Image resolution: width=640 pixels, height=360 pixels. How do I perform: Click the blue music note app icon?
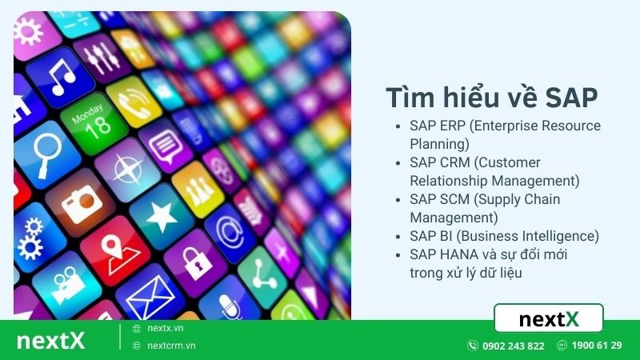[60, 76]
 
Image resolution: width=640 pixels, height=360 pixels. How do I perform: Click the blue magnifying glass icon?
[38, 152]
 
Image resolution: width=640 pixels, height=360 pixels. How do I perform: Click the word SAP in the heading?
[570, 97]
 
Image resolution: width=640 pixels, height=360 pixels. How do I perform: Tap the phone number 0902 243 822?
[513, 346]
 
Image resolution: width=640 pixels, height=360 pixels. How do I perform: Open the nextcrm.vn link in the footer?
[171, 346]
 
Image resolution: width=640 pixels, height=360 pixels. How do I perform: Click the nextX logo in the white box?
[549, 319]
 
